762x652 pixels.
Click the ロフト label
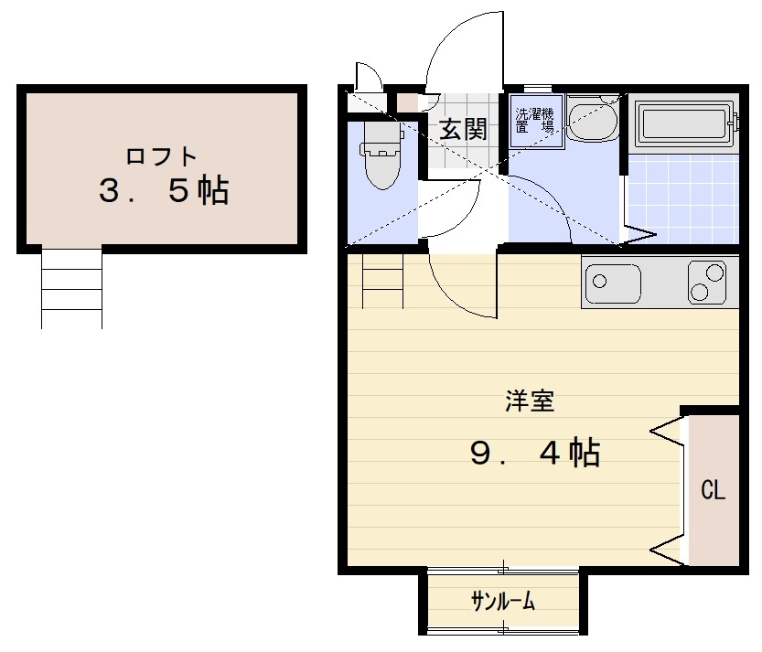(x=161, y=156)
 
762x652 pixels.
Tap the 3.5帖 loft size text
(x=164, y=190)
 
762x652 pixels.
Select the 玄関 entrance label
(x=463, y=129)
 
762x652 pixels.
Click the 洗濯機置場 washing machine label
(x=534, y=121)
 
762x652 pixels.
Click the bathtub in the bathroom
(x=686, y=123)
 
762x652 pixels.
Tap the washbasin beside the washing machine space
(x=592, y=119)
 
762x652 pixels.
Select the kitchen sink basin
(x=613, y=283)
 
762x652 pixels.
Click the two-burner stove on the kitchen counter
(x=707, y=283)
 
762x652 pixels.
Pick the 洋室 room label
(x=530, y=401)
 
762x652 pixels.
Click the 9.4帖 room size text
(x=535, y=452)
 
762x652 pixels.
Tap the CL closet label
(x=713, y=490)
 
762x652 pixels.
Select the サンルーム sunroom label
(x=503, y=602)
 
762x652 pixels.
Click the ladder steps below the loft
(x=72, y=288)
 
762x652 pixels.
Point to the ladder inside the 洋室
(x=383, y=282)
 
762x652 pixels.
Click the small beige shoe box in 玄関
(x=407, y=102)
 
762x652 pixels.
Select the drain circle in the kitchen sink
(x=600, y=281)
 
